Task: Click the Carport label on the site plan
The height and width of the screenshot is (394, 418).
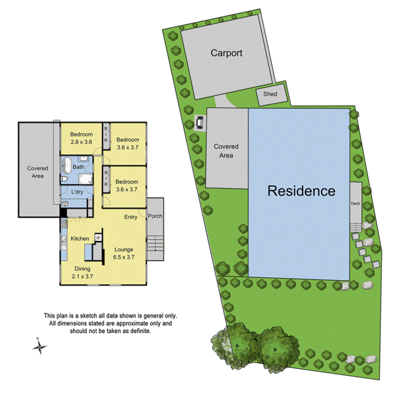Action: pos(226,53)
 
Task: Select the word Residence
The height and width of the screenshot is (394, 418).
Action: pos(301,190)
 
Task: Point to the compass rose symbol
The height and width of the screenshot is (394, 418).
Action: pos(40,347)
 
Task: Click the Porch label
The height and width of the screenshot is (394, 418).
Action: pos(155,216)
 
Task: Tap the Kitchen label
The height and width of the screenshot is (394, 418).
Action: pos(80,239)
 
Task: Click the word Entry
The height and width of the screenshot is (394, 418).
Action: pos(131,217)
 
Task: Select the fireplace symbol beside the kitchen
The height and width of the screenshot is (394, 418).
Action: pos(98,238)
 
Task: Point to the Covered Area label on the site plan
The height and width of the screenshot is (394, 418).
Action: pos(226,151)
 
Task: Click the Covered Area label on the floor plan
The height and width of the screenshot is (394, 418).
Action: pos(38,172)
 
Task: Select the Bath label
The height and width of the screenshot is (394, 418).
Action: pos(78,168)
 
